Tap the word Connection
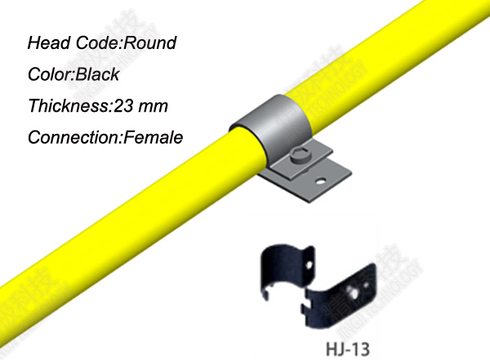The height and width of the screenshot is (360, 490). pyautogui.click(x=73, y=137)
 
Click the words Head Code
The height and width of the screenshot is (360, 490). pyautogui.click(x=68, y=42)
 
